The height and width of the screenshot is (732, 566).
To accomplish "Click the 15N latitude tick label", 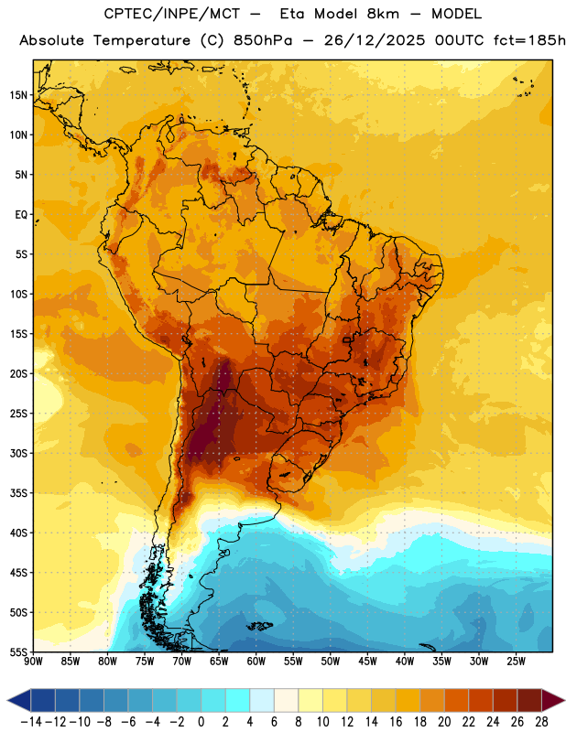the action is (x=18, y=95).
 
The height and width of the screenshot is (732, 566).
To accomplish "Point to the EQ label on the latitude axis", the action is (x=21, y=215).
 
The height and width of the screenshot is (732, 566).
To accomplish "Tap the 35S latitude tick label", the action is (x=18, y=493).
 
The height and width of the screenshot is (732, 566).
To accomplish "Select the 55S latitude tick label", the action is (x=18, y=651).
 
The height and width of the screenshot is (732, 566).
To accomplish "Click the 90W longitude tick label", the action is (x=33, y=661).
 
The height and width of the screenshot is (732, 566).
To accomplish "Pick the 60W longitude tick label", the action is (x=256, y=661).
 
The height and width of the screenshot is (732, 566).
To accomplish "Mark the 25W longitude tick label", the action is (x=516, y=661).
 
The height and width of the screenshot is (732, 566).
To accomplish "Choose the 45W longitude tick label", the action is (x=367, y=661).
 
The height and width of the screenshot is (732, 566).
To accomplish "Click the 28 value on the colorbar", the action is (x=541, y=722).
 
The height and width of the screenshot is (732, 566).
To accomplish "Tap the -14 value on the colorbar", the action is (x=31, y=722).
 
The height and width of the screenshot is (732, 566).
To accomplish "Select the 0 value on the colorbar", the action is (x=201, y=722).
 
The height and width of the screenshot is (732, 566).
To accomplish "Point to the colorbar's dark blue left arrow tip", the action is (x=8, y=701).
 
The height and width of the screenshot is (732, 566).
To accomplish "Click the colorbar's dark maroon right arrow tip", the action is (x=564, y=701).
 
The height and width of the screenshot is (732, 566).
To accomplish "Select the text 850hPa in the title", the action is (x=263, y=40).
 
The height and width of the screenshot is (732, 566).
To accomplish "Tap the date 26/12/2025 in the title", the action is (x=375, y=40).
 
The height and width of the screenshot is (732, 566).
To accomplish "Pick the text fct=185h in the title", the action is (x=529, y=40).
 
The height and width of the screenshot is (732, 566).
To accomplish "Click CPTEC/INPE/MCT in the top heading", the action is (x=172, y=14).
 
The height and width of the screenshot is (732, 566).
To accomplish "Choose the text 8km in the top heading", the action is (x=383, y=14).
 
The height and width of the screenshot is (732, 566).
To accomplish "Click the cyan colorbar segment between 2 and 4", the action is (x=237, y=701).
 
